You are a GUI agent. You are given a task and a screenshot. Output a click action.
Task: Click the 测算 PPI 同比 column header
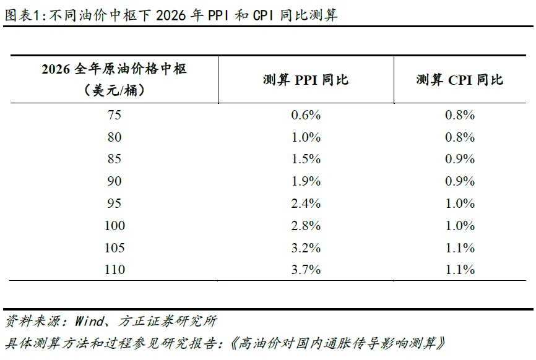pyautogui.click(x=306, y=80)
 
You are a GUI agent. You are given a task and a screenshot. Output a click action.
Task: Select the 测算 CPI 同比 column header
pyautogui.click(x=459, y=80)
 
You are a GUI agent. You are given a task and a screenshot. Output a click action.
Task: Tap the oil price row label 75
pyautogui.click(x=115, y=115)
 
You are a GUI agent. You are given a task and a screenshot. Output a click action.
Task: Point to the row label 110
pyautogui.click(x=115, y=270)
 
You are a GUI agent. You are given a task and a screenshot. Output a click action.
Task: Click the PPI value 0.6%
pyautogui.click(x=306, y=115)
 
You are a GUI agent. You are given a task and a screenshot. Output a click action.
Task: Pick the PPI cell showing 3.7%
pyautogui.click(x=306, y=270)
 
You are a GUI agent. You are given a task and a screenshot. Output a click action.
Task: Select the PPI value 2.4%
pyautogui.click(x=306, y=204)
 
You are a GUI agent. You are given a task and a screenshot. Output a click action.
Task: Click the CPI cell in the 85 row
pyautogui.click(x=459, y=159)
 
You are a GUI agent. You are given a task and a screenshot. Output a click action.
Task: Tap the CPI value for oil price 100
pyautogui.click(x=459, y=226)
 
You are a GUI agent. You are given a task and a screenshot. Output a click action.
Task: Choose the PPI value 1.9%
pyautogui.click(x=306, y=181)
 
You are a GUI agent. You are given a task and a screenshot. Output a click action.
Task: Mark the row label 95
pyautogui.click(x=115, y=204)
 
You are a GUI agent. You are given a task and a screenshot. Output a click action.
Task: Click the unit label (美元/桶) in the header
pyautogui.click(x=115, y=90)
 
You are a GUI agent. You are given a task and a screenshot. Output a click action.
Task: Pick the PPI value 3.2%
pyautogui.click(x=306, y=248)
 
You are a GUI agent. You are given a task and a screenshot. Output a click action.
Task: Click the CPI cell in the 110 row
pyautogui.click(x=459, y=270)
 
